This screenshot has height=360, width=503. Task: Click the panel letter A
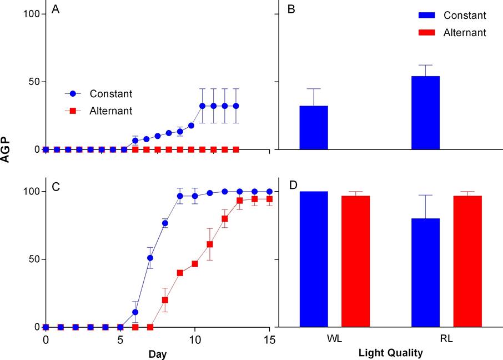(56, 9)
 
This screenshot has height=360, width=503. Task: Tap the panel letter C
(56, 187)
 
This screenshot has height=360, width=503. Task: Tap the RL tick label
(447, 338)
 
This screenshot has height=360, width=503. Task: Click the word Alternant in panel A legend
(110, 111)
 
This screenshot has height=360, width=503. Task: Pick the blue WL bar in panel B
(314, 127)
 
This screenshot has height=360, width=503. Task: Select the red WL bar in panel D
(355, 261)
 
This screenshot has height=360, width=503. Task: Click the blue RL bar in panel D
(426, 272)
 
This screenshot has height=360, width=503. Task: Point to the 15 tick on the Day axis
(269, 338)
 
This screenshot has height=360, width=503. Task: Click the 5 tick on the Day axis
(120, 338)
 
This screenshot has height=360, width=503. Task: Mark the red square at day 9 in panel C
(180, 273)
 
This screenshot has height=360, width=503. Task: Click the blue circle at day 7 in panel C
(150, 258)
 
